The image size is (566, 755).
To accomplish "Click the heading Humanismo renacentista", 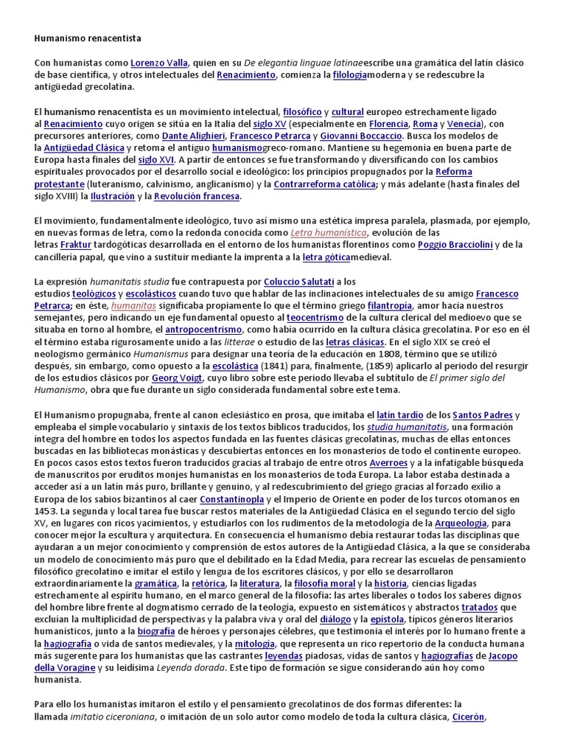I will coord(88,37).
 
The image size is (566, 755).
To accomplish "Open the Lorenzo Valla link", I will coord(159,63).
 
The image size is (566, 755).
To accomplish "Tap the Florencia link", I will coord(388,124).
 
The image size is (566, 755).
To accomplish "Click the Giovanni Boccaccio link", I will coord(361,136).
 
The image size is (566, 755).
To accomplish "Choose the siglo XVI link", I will coord(156,159).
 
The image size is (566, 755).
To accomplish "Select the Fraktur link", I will coord(76,245).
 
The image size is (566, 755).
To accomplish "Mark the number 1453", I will coord(46,511).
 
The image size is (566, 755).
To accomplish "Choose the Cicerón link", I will coord(468,716).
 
